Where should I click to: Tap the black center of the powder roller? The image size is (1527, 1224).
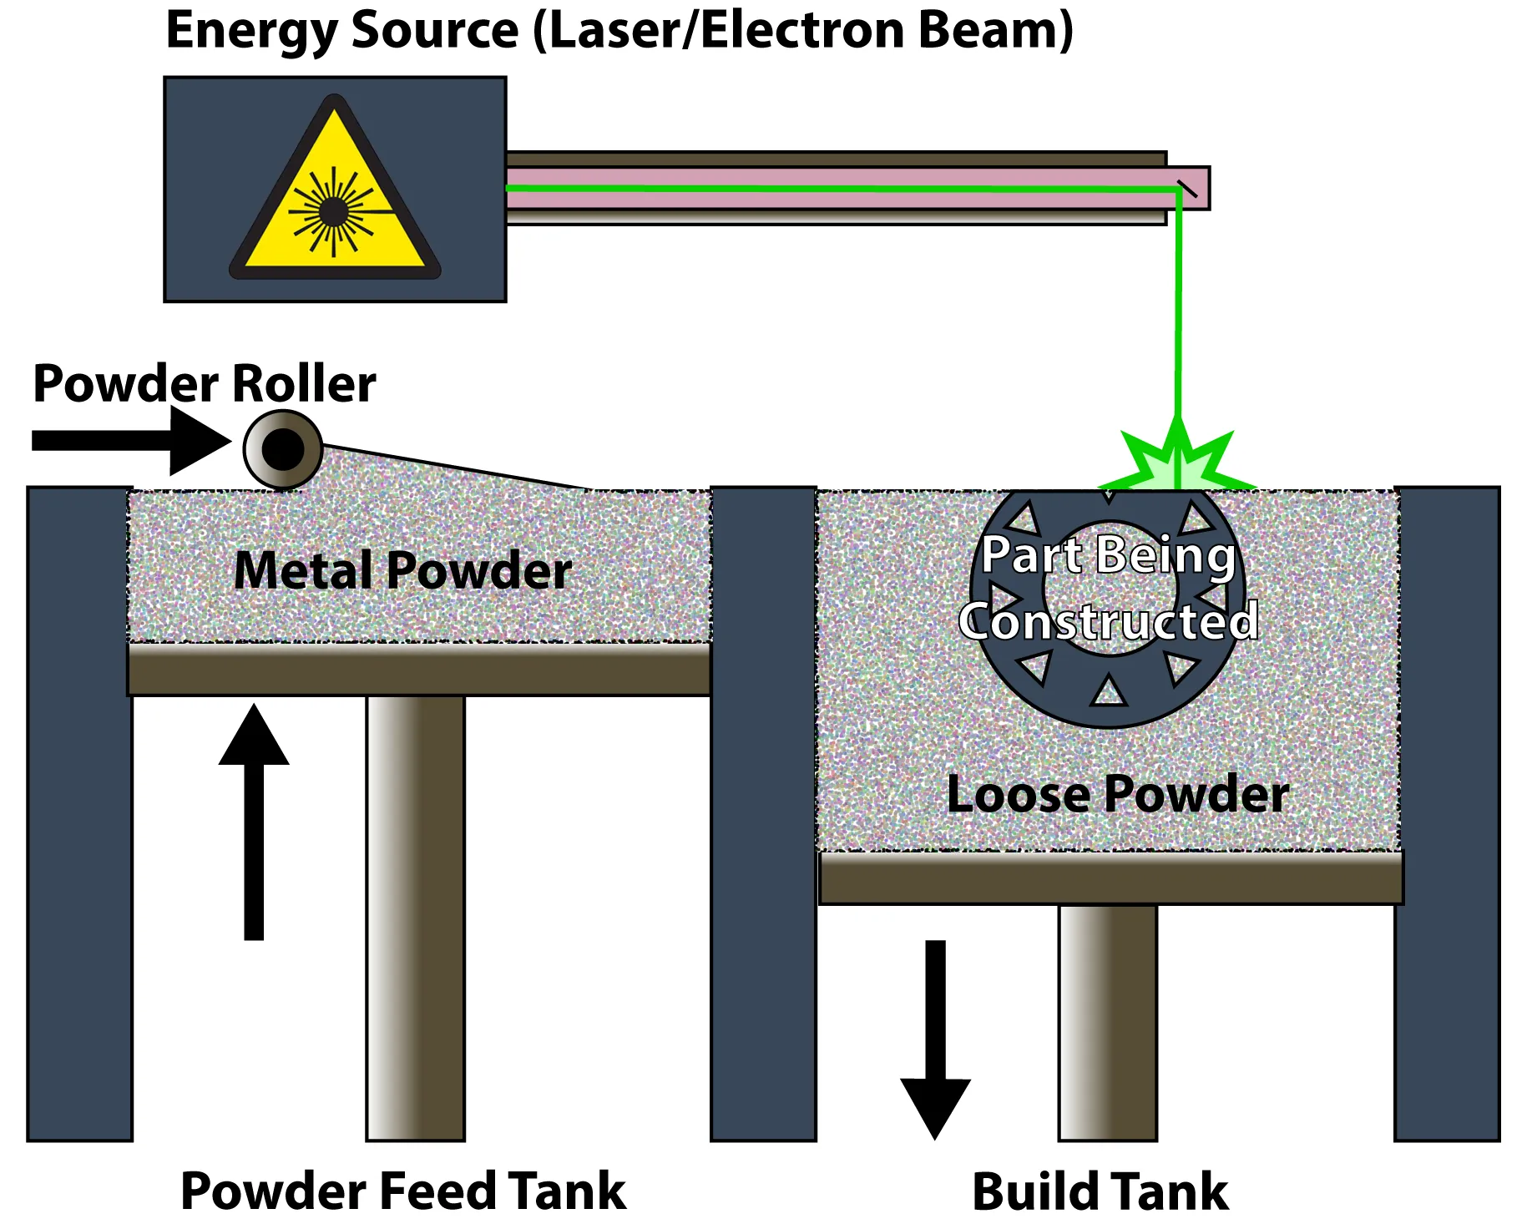click(x=283, y=449)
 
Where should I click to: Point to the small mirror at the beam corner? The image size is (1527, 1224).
click(x=1187, y=189)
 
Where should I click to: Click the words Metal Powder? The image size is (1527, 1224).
click(x=402, y=570)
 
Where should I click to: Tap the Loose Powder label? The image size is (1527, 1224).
click(x=1117, y=794)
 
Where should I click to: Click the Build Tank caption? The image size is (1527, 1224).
click(x=1100, y=1191)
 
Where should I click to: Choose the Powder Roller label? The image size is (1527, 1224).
click(x=205, y=383)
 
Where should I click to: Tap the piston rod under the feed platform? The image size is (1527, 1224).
click(x=416, y=918)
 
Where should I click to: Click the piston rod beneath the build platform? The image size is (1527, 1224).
click(x=1108, y=1023)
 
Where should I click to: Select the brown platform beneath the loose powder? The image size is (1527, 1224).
click(x=1110, y=878)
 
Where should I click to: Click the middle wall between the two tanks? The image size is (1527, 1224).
click(x=763, y=814)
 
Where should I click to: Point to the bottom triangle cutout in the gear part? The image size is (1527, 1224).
click(x=1109, y=692)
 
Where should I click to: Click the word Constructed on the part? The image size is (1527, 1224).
click(x=1109, y=621)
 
